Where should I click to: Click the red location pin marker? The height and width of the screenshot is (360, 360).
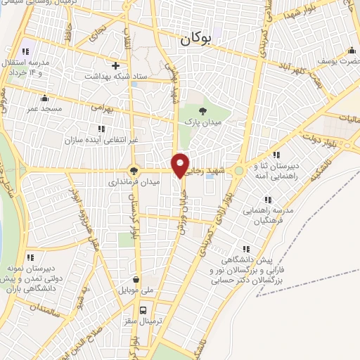[180, 165]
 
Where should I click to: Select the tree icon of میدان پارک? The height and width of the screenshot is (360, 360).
[202, 111]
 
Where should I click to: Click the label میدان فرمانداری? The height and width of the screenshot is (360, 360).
[134, 181]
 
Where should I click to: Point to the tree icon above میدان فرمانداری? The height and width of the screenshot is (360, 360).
[134, 170]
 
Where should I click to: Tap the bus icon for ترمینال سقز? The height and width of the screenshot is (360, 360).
[143, 309]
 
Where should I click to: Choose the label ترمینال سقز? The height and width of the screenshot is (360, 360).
[143, 321]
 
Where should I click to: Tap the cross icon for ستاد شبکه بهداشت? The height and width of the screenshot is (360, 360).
[115, 65]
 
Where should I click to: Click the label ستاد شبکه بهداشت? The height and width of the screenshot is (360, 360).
[115, 76]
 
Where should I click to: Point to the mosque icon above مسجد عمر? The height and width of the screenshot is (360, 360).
[45, 98]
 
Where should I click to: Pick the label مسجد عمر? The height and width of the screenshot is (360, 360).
[45, 109]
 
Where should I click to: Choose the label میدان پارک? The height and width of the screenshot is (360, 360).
[202, 123]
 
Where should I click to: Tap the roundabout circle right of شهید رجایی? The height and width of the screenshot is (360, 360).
[239, 169]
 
